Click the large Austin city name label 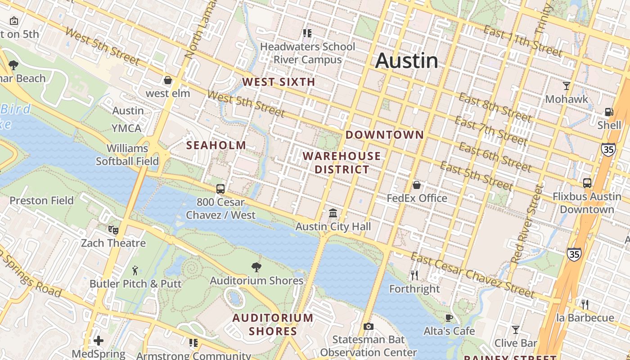[406, 60]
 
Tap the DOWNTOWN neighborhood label [385, 135]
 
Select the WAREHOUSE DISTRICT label [342, 163]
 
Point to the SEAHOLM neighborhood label [216, 145]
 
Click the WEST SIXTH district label [279, 82]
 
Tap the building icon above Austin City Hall [333, 213]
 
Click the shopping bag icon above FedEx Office [417, 184]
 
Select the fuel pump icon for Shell [609, 112]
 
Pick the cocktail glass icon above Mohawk [567, 85]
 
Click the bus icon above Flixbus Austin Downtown [587, 183]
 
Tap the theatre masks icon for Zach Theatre [113, 230]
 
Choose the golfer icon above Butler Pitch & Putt [135, 270]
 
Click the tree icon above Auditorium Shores [256, 267]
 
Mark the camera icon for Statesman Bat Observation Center [368, 326]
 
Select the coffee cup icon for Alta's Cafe [449, 318]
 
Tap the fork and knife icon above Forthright [414, 275]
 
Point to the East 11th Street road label [522, 41]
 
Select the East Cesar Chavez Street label [472, 275]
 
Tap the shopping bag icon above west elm [168, 80]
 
